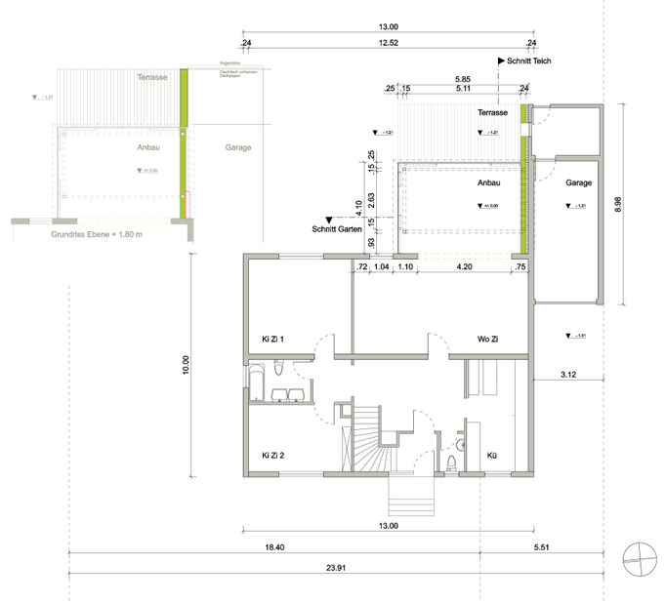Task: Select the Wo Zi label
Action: (x=489, y=340)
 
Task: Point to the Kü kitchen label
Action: (x=492, y=455)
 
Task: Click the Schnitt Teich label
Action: (x=526, y=60)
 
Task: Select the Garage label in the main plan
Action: (x=578, y=182)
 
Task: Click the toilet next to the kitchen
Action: (x=450, y=460)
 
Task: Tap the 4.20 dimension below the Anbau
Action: (x=465, y=267)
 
